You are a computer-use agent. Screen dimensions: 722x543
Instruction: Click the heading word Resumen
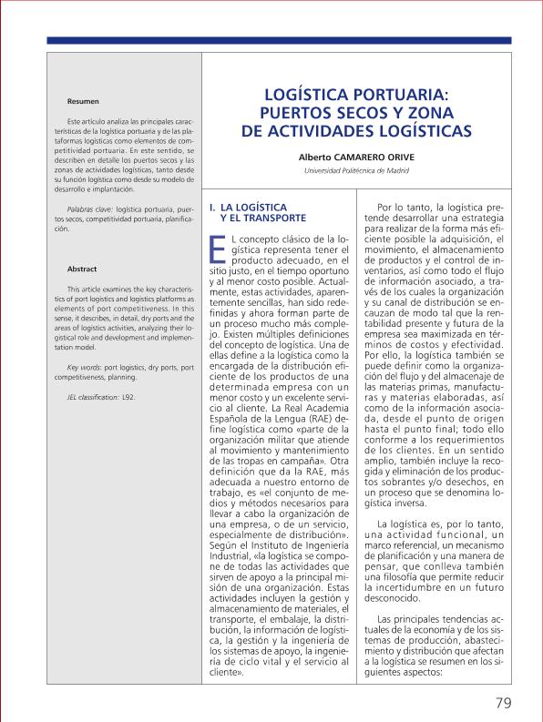point(83,101)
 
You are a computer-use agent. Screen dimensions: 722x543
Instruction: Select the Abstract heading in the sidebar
point(82,269)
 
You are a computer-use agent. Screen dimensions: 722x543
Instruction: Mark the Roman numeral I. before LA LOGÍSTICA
point(213,207)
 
